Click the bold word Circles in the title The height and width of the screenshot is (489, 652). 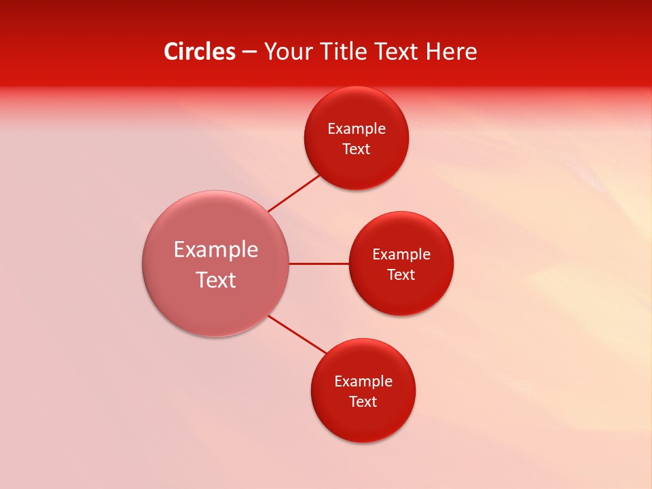(x=200, y=52)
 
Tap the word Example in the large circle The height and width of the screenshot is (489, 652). (x=216, y=250)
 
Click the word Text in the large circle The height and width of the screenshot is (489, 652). (x=216, y=280)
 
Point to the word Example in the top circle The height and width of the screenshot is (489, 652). (x=357, y=129)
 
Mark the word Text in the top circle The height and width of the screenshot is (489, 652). (x=357, y=149)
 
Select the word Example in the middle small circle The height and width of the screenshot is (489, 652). (x=401, y=255)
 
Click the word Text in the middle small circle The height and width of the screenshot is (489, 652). (x=401, y=275)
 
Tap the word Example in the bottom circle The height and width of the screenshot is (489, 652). (x=363, y=382)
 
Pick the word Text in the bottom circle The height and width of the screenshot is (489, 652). (x=363, y=402)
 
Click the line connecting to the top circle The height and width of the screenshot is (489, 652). (x=293, y=193)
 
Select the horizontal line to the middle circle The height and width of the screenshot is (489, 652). (x=319, y=264)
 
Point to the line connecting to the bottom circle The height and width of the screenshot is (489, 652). (x=297, y=334)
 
